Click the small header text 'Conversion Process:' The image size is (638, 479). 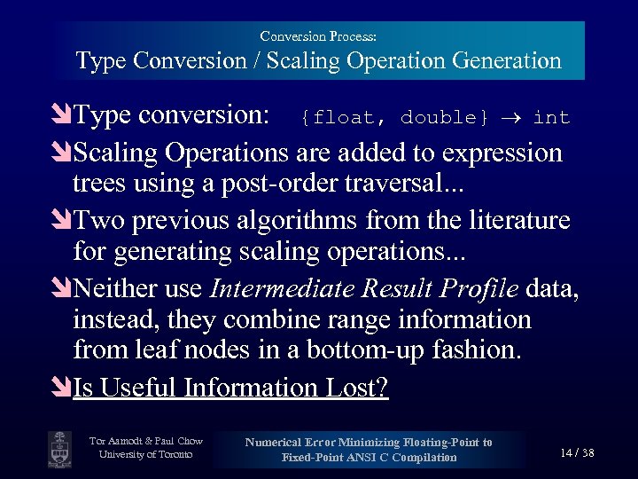click(318, 36)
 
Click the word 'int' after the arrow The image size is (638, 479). click(551, 118)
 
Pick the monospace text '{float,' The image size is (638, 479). click(339, 118)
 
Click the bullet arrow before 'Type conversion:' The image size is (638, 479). click(62, 116)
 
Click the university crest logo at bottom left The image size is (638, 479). click(59, 447)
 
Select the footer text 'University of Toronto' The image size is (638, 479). click(146, 455)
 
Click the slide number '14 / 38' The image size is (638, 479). click(577, 452)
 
